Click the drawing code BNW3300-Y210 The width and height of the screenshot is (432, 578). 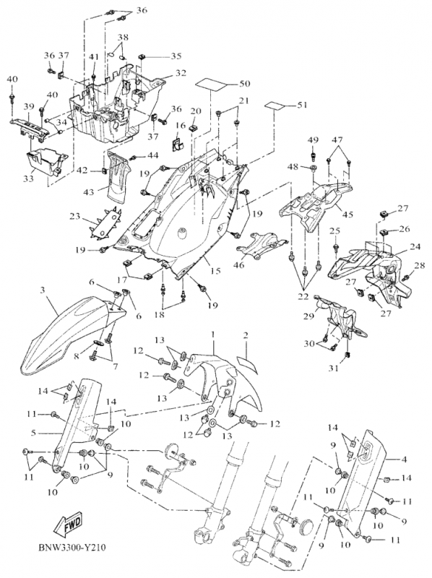[72, 548]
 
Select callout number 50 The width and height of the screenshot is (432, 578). [245, 84]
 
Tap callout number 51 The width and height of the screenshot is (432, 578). [301, 105]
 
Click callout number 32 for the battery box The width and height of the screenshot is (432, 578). [181, 73]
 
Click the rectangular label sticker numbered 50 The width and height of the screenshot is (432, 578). [210, 85]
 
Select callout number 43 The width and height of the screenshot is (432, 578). [89, 191]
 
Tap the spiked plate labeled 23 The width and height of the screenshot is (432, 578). [107, 224]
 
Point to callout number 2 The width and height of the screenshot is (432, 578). [246, 335]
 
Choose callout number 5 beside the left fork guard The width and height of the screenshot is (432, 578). [33, 432]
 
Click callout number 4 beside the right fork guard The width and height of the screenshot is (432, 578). [404, 460]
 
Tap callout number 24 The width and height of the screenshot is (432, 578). [415, 246]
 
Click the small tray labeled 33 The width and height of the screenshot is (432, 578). [46, 160]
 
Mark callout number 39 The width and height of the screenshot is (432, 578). [29, 106]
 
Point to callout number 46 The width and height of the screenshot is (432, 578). [239, 264]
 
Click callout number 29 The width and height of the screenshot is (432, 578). [308, 316]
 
